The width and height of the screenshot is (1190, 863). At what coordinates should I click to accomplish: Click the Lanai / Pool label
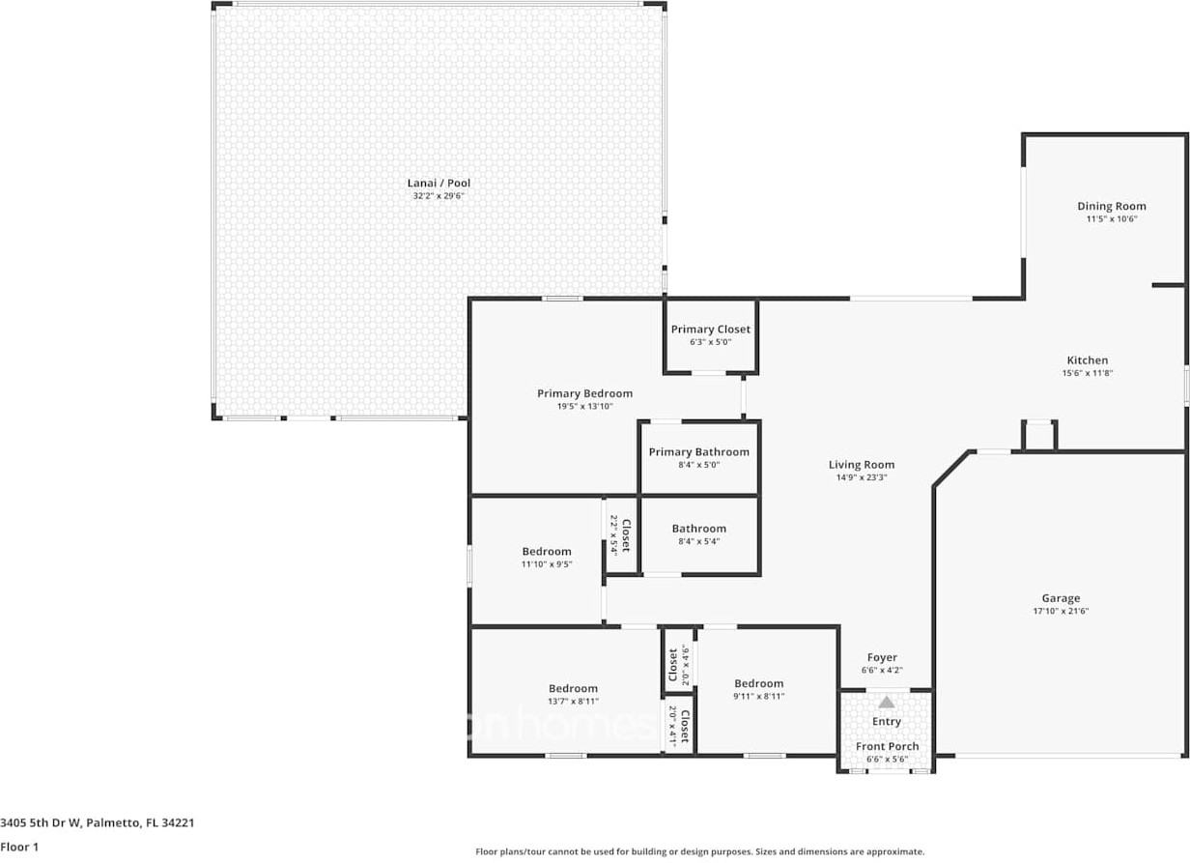[439, 183]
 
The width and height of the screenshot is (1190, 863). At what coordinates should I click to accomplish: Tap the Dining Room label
[1112, 206]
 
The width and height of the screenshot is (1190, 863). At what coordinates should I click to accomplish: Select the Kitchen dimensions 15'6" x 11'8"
[1087, 373]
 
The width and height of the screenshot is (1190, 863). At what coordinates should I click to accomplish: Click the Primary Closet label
[710, 330]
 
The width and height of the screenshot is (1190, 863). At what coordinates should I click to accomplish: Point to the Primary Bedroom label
[584, 393]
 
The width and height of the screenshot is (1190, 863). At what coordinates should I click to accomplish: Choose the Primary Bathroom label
[698, 452]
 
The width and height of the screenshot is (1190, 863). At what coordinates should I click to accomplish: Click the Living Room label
[861, 465]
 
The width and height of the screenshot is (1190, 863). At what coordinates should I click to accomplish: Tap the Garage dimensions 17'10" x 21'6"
[1061, 611]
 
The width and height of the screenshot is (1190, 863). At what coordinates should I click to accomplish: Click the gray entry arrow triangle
[886, 702]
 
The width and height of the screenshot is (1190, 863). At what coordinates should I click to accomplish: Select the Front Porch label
[887, 747]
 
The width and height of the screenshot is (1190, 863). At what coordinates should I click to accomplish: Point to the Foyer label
[881, 658]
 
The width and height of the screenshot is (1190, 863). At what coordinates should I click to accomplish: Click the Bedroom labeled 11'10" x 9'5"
[547, 552]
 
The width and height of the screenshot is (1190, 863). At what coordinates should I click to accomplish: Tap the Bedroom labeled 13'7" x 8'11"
[573, 689]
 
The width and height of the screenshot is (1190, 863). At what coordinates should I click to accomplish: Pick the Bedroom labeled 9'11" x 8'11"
[758, 683]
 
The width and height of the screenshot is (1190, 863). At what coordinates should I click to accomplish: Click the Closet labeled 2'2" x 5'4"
[625, 535]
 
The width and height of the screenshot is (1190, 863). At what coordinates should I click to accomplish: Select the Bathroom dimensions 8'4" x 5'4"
[698, 541]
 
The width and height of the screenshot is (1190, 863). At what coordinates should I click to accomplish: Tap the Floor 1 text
[18, 848]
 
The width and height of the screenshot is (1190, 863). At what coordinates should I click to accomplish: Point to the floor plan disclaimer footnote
[699, 851]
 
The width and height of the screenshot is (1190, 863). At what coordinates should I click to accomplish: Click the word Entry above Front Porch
[886, 722]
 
